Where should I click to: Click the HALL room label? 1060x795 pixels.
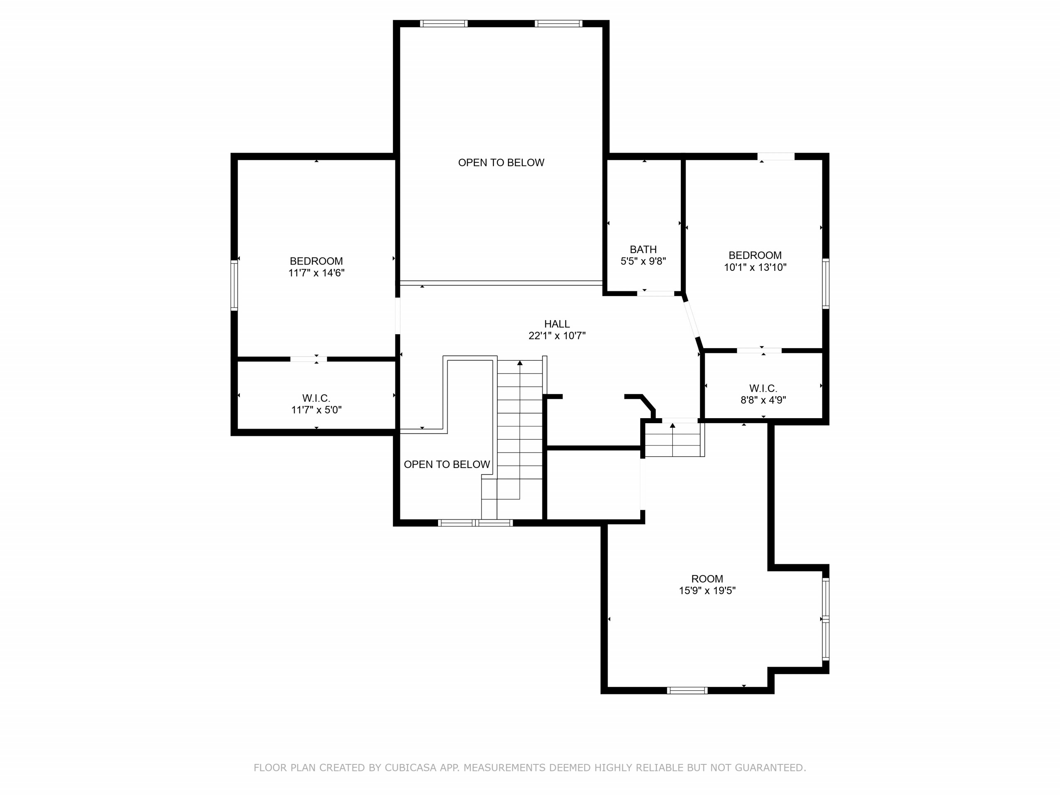tap(557, 324)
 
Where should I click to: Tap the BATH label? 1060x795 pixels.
tap(643, 250)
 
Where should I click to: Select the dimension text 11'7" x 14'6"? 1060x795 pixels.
tap(316, 273)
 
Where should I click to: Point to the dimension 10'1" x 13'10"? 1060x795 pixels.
tap(755, 267)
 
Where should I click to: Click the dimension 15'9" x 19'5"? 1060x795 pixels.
tap(707, 591)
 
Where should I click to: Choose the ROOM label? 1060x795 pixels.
tap(707, 579)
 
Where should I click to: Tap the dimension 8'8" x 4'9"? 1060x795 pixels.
tap(764, 400)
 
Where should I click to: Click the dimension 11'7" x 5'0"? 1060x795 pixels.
tap(316, 410)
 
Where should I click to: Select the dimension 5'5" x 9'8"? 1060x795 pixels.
tap(643, 261)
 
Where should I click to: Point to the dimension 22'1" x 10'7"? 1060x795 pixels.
tap(557, 336)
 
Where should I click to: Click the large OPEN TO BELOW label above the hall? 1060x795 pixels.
tap(501, 163)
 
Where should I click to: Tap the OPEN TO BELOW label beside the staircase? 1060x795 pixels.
tap(447, 464)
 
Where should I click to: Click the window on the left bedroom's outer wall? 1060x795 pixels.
tap(234, 285)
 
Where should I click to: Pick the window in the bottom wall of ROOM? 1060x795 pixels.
tap(687, 691)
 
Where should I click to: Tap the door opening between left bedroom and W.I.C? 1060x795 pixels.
tap(308, 359)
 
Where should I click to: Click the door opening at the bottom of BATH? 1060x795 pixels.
tap(655, 293)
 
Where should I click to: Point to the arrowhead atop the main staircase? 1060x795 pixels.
tap(520, 363)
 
